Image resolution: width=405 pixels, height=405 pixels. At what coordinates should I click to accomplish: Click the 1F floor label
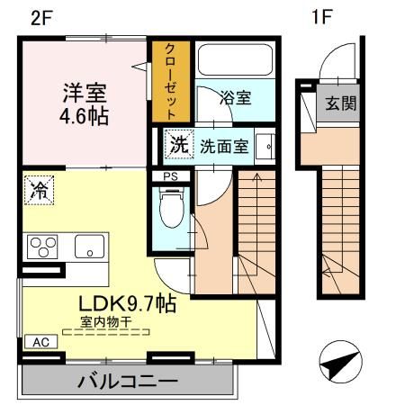click(x=321, y=17)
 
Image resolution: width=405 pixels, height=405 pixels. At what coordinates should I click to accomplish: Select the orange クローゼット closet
click(x=169, y=80)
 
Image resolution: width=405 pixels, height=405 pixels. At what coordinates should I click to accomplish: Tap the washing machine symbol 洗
click(x=179, y=144)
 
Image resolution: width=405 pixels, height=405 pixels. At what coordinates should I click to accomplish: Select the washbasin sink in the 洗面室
click(x=265, y=145)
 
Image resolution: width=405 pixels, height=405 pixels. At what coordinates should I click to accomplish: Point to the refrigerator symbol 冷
click(x=40, y=190)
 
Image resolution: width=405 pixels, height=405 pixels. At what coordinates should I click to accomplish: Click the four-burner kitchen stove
click(x=41, y=245)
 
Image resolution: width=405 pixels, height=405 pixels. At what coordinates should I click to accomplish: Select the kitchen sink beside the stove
click(x=88, y=245)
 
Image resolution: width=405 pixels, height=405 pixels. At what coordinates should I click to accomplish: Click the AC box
click(x=40, y=342)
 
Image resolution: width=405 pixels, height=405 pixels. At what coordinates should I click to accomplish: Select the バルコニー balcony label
click(x=126, y=382)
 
